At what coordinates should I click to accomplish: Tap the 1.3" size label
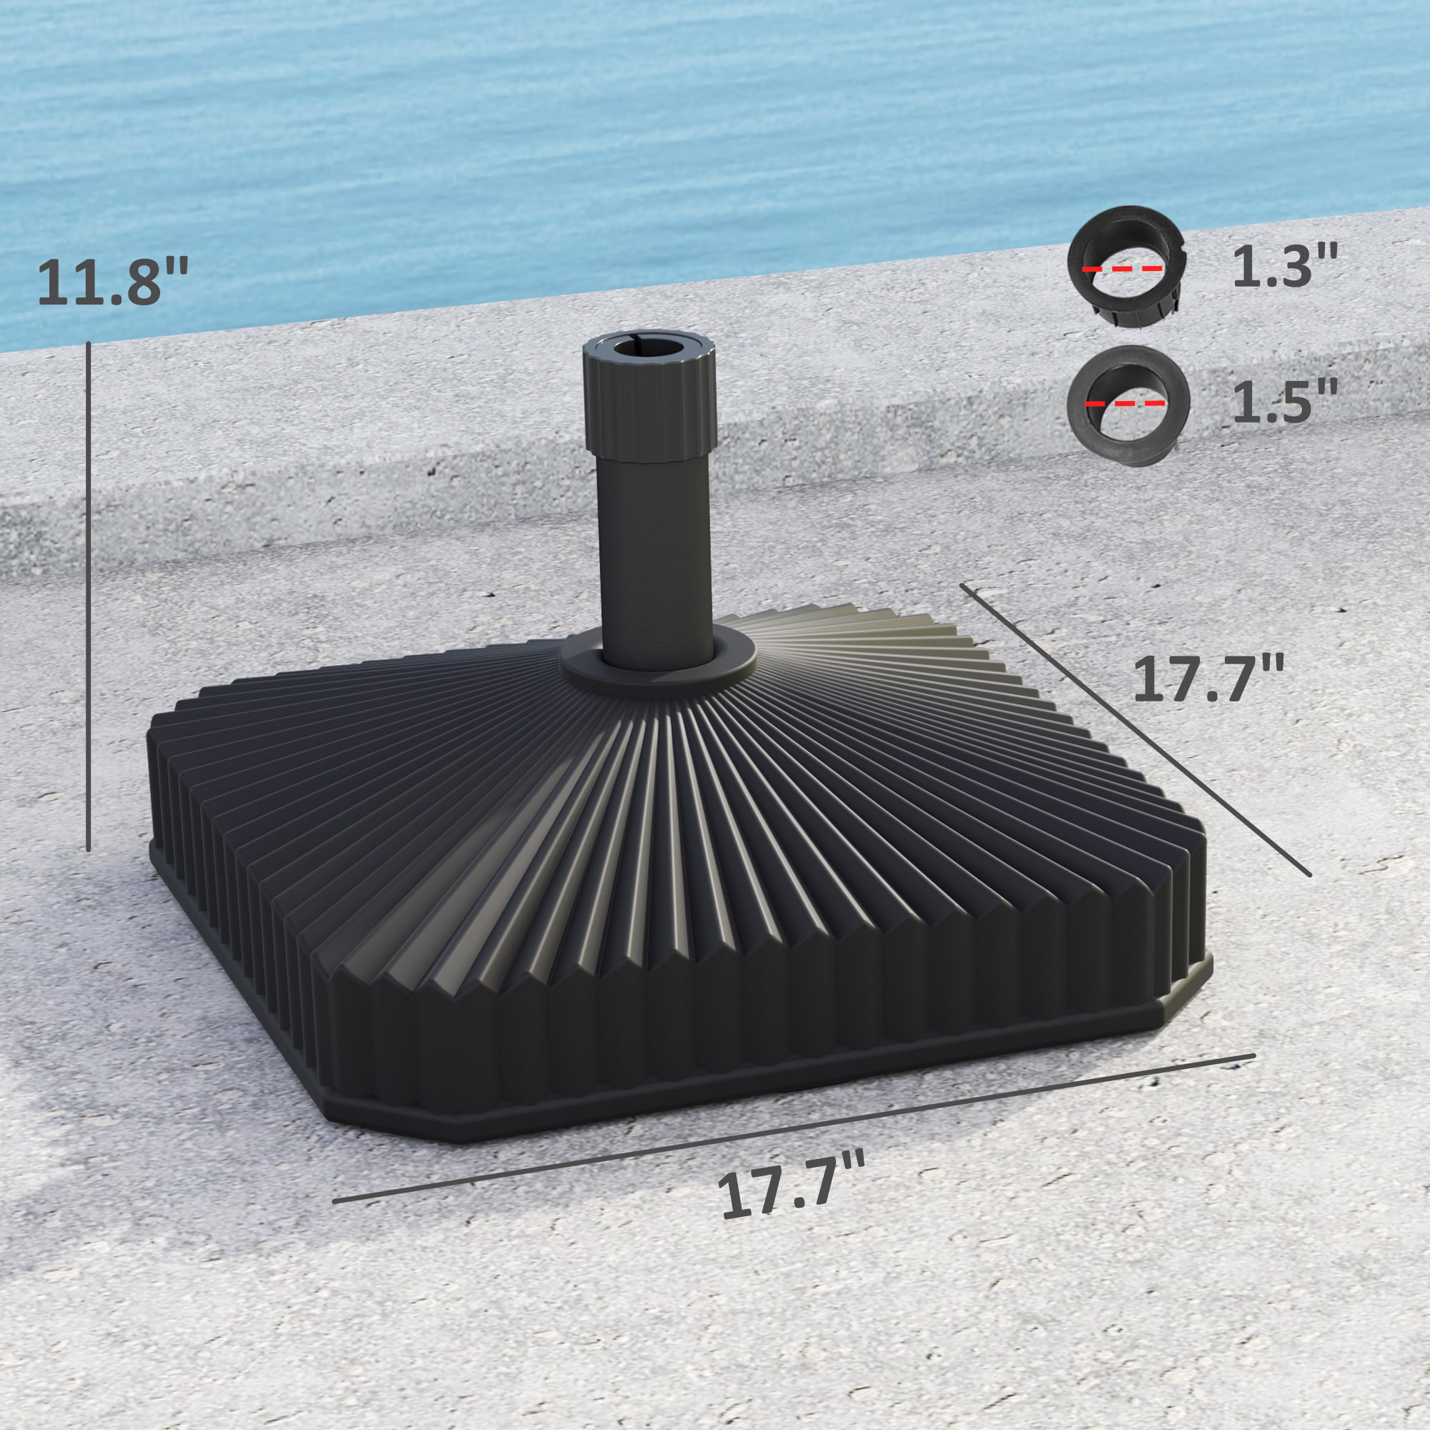pyautogui.click(x=1285, y=267)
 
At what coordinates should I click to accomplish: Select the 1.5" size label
pyautogui.click(x=1285, y=402)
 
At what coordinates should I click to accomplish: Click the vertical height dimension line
pyautogui.click(x=88, y=596)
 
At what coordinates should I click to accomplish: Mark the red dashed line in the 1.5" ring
pyautogui.click(x=1125, y=404)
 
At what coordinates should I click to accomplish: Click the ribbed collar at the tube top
pyautogui.click(x=650, y=403)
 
